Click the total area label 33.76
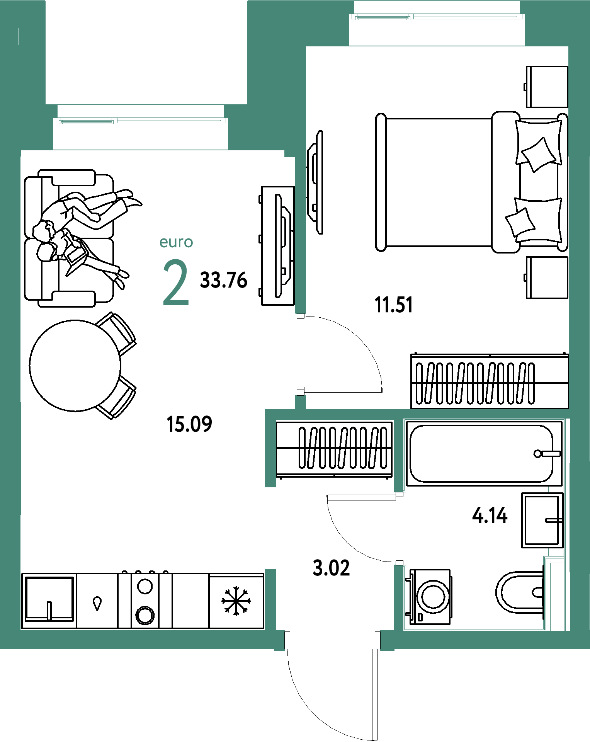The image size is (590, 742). point(223,280)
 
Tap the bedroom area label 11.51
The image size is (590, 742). point(394,305)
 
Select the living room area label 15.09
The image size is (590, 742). point(189,424)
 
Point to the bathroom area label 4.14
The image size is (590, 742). point(490,515)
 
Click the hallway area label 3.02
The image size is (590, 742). point(331,568)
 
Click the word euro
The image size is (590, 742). point(176,242)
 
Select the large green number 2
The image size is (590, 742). point(176,283)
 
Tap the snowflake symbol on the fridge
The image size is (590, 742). point(236,601)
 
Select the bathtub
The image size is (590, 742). point(484,453)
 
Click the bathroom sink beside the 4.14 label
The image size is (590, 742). point(542,520)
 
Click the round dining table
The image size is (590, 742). point(75,366)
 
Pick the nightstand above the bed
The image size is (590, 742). point(547,87)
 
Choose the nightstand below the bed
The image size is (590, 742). point(547,277)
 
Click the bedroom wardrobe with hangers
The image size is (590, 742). point(490,381)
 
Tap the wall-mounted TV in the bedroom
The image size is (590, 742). point(315,182)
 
